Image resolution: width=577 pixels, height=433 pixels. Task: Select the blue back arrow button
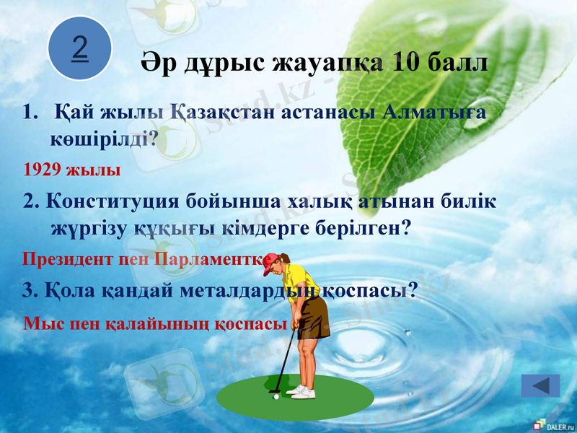pos(540,386)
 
